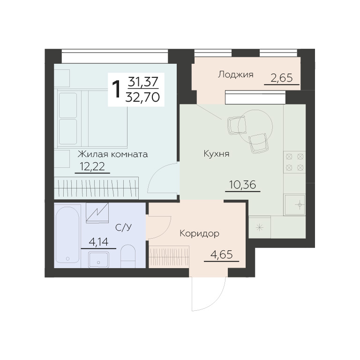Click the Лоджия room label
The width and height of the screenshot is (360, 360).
click(x=236, y=75)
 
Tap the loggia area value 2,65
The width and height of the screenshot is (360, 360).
click(x=282, y=78)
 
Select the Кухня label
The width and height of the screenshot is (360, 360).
click(x=217, y=154)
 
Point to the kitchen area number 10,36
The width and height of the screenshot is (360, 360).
click(x=242, y=185)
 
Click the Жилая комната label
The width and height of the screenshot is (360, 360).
click(x=112, y=154)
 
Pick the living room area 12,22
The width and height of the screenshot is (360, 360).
click(x=92, y=166)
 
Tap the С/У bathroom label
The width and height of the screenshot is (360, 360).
click(x=124, y=227)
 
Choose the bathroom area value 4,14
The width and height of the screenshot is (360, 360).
click(x=98, y=242)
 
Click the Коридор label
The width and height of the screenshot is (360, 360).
click(x=199, y=234)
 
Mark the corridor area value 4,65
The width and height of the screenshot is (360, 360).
click(x=221, y=255)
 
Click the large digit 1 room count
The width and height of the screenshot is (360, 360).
click(x=116, y=90)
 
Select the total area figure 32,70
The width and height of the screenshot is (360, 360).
click(x=142, y=97)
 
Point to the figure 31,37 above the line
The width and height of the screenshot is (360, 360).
click(x=143, y=82)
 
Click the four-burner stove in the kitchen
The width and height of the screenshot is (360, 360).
click(x=294, y=162)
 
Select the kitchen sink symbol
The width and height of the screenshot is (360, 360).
click(x=294, y=205)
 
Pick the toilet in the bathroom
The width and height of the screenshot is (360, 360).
click(x=128, y=256)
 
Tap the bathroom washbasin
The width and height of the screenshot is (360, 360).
click(x=99, y=259)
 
